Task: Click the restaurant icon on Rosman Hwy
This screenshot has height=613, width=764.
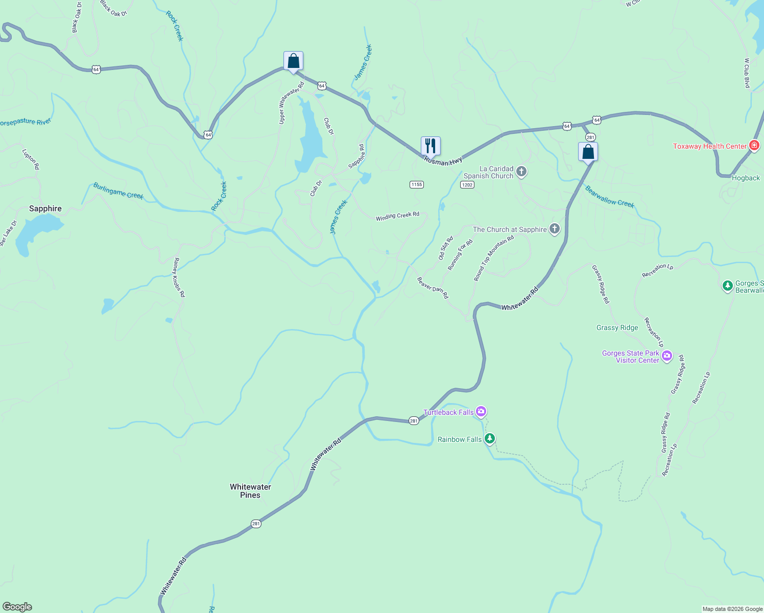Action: tap(431, 146)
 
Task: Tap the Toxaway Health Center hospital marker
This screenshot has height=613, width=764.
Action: tap(754, 146)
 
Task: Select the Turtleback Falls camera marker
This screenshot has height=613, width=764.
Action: tap(481, 411)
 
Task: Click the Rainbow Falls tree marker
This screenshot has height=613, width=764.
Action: tap(490, 438)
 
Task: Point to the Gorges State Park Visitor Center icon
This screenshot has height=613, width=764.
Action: tap(666, 356)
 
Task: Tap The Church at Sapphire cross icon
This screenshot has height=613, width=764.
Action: tap(555, 229)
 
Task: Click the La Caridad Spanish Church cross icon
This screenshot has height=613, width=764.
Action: tap(521, 172)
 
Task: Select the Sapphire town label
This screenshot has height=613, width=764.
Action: tap(45, 208)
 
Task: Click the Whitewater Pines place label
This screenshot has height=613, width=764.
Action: tap(250, 491)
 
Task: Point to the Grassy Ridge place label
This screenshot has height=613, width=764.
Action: tap(617, 328)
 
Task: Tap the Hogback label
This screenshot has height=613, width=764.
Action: tap(746, 178)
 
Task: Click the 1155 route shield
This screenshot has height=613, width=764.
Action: tap(417, 184)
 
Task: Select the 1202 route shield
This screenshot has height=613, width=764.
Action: tap(467, 184)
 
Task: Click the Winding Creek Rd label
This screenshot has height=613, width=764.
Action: tap(397, 216)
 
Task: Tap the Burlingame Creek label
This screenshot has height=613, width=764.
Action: tap(118, 191)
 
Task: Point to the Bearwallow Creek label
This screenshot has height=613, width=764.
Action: tap(610, 197)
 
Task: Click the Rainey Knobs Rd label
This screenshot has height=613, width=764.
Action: tap(179, 277)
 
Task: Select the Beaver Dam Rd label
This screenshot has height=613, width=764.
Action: tap(433, 288)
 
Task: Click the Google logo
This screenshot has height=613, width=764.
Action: tap(17, 607)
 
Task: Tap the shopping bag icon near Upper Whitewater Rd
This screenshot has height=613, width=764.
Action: tap(293, 61)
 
